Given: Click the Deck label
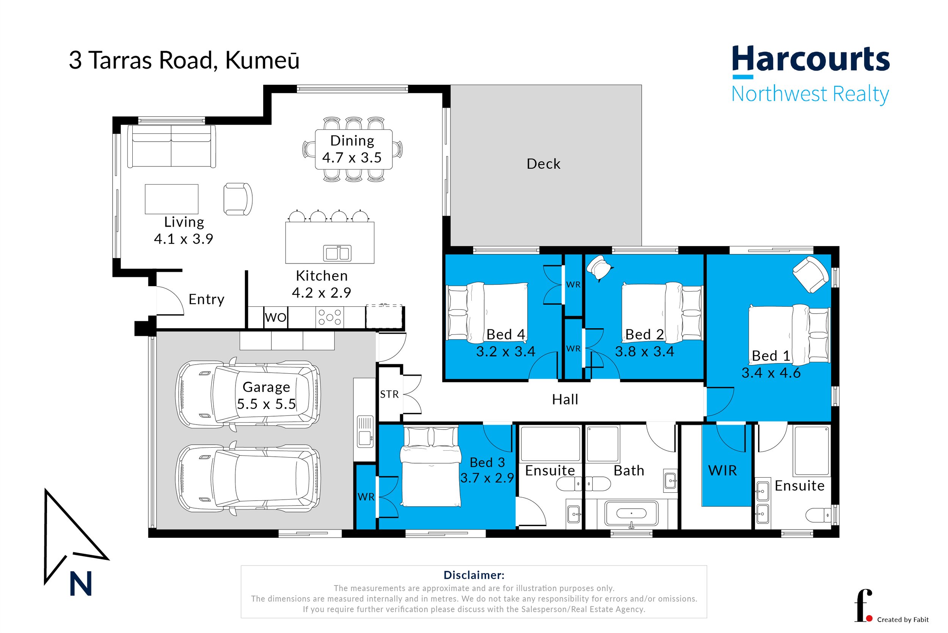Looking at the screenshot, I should [543, 164].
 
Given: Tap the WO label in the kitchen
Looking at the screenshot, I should [276, 317].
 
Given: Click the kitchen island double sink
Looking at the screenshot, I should [337, 253].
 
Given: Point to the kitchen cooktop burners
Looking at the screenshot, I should [330, 317].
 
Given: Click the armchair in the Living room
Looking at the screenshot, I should [238, 199].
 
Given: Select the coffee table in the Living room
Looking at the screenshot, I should [172, 199].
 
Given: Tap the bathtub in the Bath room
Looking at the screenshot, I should [631, 513].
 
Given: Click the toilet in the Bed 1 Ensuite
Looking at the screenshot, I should [818, 515].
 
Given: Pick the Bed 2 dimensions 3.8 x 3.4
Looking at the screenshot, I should [644, 352].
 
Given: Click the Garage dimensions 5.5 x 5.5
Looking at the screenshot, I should [266, 404].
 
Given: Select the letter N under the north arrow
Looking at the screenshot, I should [81, 584].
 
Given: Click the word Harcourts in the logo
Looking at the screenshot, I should [810, 60].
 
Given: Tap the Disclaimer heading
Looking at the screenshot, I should [474, 575].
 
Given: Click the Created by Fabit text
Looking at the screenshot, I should [902, 620].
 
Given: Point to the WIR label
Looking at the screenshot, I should [722, 470].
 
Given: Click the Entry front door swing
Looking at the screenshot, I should [170, 301].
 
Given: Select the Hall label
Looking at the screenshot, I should [565, 400].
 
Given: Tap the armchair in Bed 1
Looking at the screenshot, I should [810, 274].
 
